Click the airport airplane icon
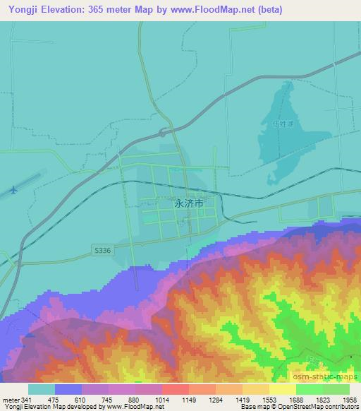point(14,191)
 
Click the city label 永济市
point(188,202)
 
